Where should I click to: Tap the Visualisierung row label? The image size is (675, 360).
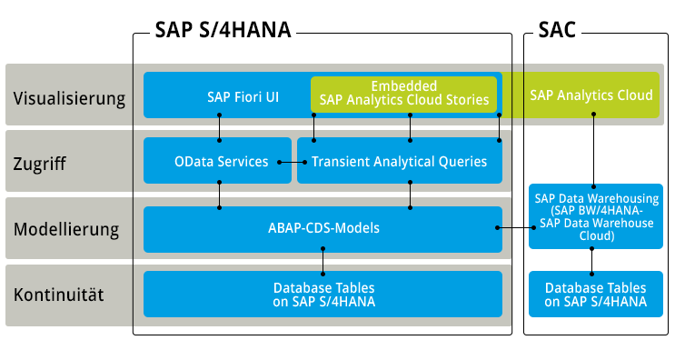69,96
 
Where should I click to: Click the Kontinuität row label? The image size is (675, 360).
58,295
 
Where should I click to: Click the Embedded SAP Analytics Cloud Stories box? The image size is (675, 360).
404,93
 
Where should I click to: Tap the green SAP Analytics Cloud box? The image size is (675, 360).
591,95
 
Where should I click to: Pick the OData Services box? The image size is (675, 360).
221,162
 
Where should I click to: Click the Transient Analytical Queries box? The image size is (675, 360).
399,162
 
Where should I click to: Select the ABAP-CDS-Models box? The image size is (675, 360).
323,229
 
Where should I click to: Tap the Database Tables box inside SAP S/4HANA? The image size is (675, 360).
323,294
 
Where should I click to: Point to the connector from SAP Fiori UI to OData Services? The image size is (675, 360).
220,128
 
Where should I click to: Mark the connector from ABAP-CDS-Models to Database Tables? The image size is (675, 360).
323,261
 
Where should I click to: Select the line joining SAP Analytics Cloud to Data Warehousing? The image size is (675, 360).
593,150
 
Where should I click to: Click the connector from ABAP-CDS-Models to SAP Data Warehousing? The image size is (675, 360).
515,227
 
